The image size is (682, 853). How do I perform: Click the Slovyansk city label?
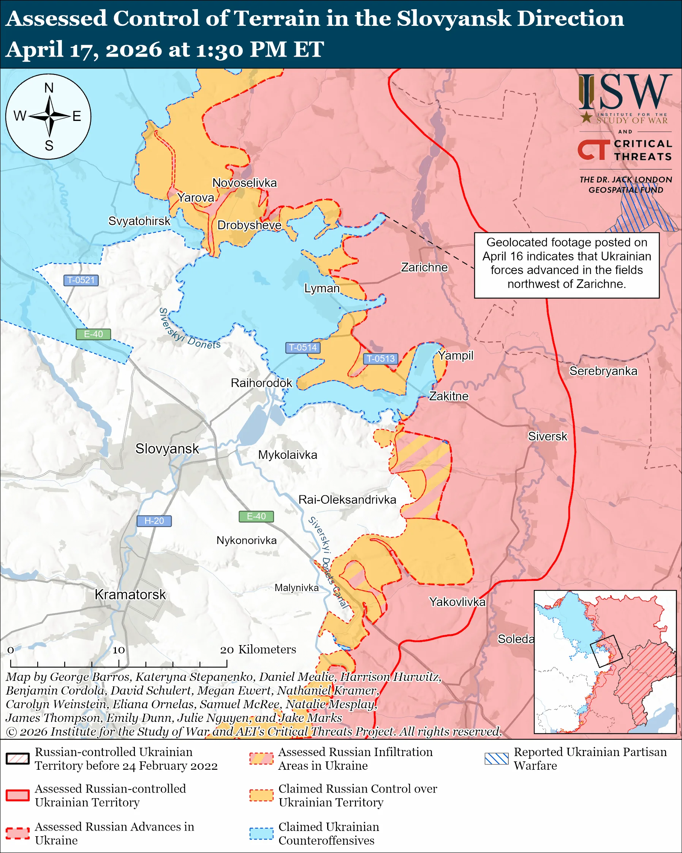pos(167,448)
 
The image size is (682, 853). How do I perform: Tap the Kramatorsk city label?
pos(130,594)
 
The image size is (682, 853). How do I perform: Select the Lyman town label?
pos(321,288)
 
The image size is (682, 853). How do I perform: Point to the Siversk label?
pos(547,436)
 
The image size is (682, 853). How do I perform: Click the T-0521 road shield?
pos(81,280)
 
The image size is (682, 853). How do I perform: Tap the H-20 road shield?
pos(154,521)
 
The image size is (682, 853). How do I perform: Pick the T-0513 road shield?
pos(380,358)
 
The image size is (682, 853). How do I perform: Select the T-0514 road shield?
pos(302,347)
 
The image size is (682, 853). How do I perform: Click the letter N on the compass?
pos(49,88)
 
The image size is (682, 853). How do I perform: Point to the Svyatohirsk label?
pos(139,221)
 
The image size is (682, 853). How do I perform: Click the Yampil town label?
pos(456,355)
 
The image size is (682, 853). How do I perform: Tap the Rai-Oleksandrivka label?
pos(347,499)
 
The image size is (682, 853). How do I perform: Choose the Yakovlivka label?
pos(457,602)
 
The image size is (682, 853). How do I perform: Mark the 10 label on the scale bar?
pos(119,650)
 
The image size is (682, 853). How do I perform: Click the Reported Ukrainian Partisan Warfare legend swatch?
pos(496,758)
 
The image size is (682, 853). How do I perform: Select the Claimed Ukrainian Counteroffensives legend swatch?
pos(261,833)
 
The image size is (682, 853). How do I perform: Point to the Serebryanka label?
pos(603,371)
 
